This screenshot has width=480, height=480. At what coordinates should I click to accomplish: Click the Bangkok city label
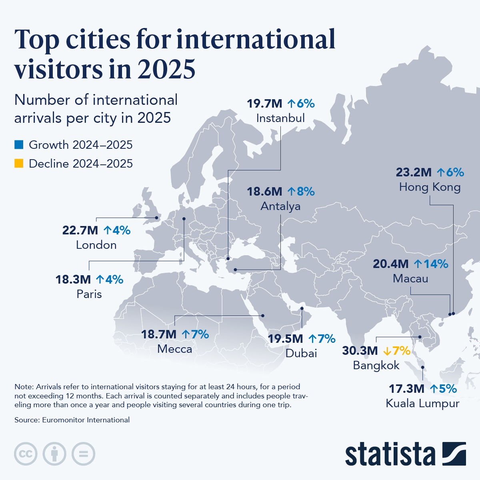coord(376,365)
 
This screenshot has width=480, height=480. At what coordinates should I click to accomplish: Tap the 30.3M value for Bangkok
coord(360,351)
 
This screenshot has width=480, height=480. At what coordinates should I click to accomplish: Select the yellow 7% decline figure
coord(397,351)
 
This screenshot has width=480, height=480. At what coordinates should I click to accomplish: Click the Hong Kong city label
coord(430,187)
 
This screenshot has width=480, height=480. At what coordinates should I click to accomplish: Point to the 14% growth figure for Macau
coord(431,264)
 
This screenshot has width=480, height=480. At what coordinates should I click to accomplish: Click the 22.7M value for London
coord(80,230)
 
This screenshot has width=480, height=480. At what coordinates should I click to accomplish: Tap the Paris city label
coord(89,294)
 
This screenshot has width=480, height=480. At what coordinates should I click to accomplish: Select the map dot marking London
coord(156,218)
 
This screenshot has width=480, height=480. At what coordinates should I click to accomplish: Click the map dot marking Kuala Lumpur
coord(422,367)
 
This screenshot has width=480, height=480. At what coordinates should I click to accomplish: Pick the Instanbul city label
coord(280,118)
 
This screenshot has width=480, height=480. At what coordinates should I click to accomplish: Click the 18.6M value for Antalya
coord(265,192)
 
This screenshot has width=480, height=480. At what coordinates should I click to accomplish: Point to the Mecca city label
coord(174,349)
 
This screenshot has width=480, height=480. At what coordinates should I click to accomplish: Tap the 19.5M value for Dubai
coord(285,339)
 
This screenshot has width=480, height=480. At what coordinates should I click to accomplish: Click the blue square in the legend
coord(19,144)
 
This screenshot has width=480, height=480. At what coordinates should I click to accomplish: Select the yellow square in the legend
coord(19,163)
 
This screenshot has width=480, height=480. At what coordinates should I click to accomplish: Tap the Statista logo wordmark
coord(390,454)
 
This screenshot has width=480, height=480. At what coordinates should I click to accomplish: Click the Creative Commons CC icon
coord(26,454)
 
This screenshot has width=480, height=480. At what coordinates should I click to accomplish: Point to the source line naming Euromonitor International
coord(72,420)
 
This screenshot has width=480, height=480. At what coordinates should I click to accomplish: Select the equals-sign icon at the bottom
coord(83,454)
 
